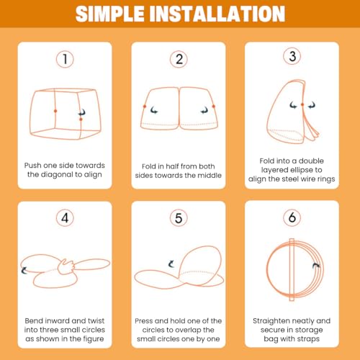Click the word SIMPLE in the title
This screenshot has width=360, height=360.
110,14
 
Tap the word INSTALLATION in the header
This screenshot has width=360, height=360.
217,14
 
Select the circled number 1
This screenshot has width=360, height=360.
65,59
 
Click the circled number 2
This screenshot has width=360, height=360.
179,59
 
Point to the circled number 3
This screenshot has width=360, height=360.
292,56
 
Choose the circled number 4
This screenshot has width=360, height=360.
65,218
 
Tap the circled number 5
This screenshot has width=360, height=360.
179,218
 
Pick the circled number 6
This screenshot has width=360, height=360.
292,217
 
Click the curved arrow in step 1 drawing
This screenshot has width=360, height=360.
82,112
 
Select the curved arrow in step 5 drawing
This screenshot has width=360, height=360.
171,264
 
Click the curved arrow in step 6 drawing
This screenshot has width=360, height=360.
316,266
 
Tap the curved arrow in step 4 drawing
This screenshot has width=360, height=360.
24,271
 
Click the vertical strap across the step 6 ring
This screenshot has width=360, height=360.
292,270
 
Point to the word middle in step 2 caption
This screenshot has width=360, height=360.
209,175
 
